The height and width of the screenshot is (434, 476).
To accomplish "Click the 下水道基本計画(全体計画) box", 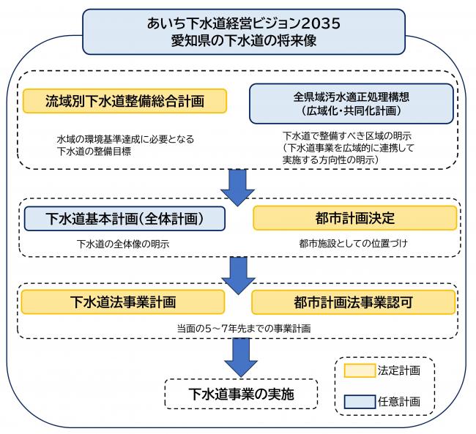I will tap(124, 218).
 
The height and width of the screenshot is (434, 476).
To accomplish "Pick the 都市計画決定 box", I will tap(354, 218).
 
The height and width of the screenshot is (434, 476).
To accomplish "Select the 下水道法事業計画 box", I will tap(123, 301).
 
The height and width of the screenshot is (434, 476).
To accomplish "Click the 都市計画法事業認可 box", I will tap(354, 301).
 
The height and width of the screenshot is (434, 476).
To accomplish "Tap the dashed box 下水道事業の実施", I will tap(241, 393).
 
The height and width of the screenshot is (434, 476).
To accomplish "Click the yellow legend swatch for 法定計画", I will tap(359, 370).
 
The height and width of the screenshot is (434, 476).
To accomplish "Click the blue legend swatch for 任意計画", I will tap(359, 401).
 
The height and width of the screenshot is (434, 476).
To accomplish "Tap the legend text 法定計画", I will tap(399, 370).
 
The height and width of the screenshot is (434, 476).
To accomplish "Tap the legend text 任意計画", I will tap(399, 401).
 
